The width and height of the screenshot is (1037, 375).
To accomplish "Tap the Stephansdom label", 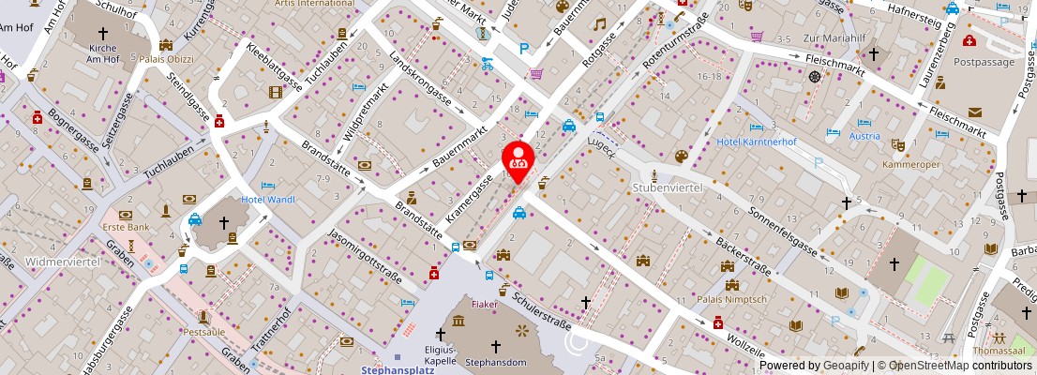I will pyautogui.click(x=498, y=361).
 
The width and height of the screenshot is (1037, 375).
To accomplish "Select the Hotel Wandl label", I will pyautogui.click(x=268, y=199).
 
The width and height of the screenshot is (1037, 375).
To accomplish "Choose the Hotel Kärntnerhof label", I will pyautogui.click(x=756, y=142).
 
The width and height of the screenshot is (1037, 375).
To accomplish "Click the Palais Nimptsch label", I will pyautogui.click(x=731, y=299).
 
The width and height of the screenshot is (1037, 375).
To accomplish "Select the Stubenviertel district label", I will pyautogui.click(x=668, y=187).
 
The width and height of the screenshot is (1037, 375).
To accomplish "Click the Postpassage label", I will pyautogui.click(x=984, y=61).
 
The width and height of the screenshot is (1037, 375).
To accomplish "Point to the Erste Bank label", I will pyautogui.click(x=127, y=227).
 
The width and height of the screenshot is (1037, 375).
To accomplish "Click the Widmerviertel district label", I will pyautogui.click(x=51, y=262).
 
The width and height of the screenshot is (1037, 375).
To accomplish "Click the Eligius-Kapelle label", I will pyautogui.click(x=439, y=354).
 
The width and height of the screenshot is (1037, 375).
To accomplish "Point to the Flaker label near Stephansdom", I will pyautogui.click(x=484, y=304).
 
